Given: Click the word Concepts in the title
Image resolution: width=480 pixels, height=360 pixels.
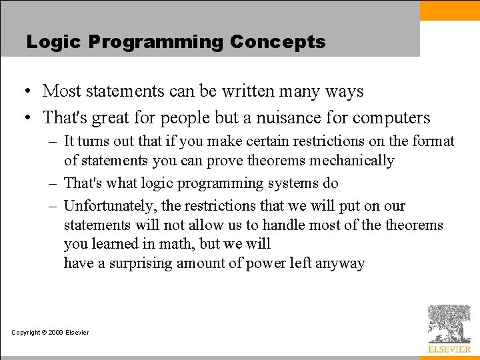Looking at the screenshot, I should point(277,42).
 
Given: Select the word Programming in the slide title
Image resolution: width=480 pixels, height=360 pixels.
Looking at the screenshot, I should point(156,43).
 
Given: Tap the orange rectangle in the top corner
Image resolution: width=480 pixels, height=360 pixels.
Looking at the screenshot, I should point(449,10).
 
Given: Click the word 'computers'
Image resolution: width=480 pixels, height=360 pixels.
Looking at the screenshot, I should point(391,119).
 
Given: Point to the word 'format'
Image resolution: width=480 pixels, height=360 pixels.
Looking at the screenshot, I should point(434,141).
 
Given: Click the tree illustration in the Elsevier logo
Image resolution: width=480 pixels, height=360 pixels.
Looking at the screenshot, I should point(449,323).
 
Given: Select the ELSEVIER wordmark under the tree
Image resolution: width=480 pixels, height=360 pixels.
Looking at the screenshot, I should point(449,349).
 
